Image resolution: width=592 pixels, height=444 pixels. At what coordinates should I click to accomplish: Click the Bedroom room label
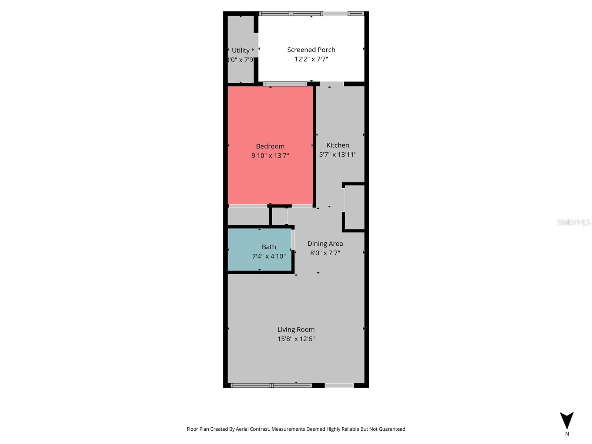click(270, 146)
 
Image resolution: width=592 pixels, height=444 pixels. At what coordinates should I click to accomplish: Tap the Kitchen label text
click(337, 145)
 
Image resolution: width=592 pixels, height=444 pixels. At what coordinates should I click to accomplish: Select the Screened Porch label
click(311, 50)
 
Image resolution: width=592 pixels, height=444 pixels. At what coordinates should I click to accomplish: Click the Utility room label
click(240, 50)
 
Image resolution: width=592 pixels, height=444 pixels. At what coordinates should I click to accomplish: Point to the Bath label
click(269, 247)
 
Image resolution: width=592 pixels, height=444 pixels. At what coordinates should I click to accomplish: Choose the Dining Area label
click(325, 243)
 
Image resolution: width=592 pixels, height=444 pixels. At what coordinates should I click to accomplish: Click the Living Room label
click(296, 329)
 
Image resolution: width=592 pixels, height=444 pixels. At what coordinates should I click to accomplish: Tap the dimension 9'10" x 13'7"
click(270, 156)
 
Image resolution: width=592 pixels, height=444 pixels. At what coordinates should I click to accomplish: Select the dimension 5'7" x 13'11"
click(337, 155)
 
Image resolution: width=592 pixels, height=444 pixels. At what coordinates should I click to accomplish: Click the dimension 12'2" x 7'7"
click(311, 59)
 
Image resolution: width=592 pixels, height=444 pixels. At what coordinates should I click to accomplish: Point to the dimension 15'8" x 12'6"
click(296, 339)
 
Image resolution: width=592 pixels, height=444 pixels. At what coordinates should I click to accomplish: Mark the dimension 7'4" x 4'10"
click(269, 256)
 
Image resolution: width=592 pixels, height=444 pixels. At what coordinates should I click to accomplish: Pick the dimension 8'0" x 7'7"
click(325, 253)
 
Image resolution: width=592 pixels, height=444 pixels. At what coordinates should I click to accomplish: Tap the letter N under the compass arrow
click(567, 434)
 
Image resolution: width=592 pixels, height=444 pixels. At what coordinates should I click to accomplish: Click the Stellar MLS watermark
click(573, 222)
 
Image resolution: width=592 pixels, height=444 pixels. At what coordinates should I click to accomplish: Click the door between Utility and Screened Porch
click(256, 45)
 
